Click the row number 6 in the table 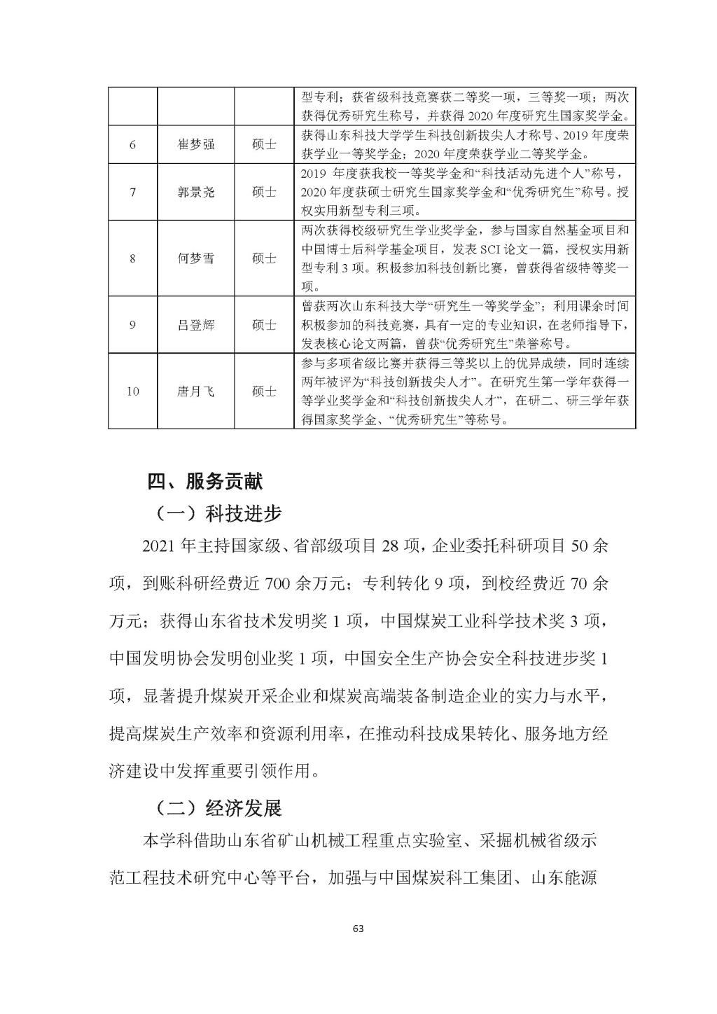tap(132, 144)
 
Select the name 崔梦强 tap(195, 144)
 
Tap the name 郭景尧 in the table tap(195, 192)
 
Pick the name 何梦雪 tap(195, 258)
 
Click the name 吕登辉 tap(195, 325)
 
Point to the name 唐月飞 tap(195, 391)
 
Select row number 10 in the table tap(132, 391)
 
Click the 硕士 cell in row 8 tap(264, 258)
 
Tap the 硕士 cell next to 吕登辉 tap(264, 325)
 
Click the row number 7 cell tap(132, 192)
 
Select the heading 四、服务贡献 tap(205, 482)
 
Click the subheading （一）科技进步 tap(218, 514)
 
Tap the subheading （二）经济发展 tap(218, 809)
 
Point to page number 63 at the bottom tap(358, 929)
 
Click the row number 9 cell tap(132, 325)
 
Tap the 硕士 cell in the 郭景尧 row tap(264, 192)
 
